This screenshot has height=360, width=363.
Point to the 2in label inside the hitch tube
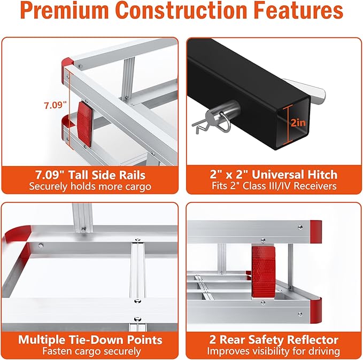[x=298, y=123]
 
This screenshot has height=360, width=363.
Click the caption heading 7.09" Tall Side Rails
[x=90, y=174]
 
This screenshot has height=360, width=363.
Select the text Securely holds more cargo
[x=90, y=186]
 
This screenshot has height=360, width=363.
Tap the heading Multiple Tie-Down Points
[x=90, y=339]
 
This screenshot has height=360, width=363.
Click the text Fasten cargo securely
[x=90, y=351]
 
